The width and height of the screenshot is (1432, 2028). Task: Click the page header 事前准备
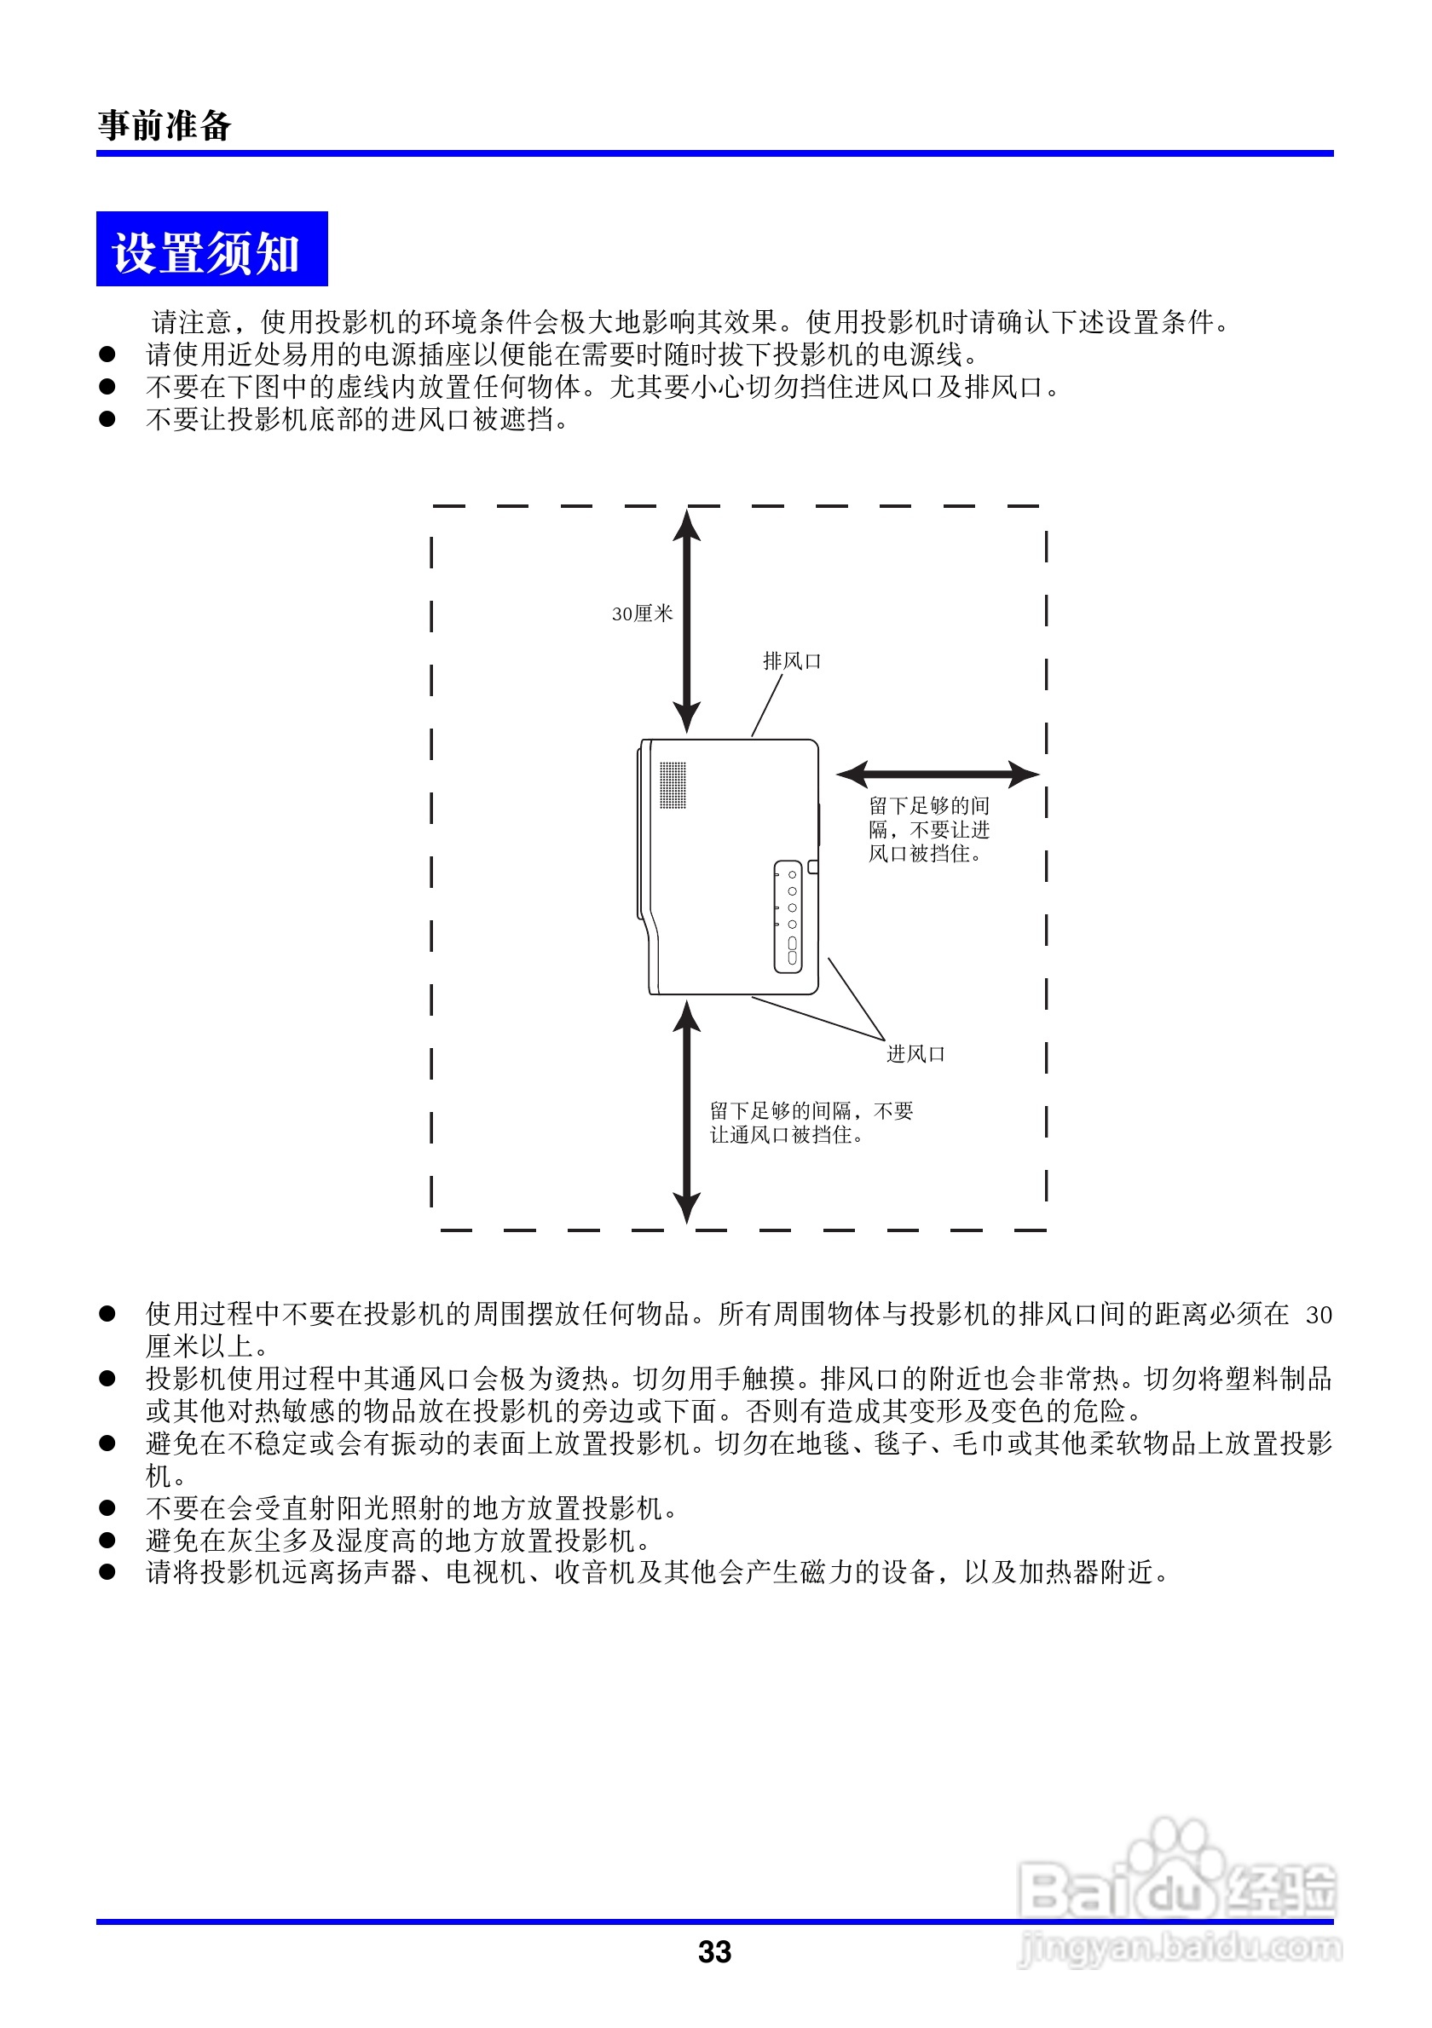[165, 125]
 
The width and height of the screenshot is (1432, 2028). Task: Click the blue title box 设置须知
[211, 250]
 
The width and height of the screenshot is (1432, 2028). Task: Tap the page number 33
[713, 1951]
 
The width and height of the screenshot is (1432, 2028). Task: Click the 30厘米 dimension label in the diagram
[642, 614]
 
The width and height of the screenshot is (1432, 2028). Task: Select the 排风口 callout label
[792, 660]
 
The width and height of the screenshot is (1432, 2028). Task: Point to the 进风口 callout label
[915, 1054]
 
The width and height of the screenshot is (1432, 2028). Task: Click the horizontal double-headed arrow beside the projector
[937, 775]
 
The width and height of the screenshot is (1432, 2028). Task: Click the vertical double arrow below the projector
[686, 1113]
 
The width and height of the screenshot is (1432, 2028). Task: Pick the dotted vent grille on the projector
[673, 786]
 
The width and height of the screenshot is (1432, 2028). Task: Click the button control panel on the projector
[788, 917]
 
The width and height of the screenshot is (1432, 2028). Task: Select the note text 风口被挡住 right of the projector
[924, 854]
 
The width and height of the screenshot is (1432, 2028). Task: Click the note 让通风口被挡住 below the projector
[786, 1135]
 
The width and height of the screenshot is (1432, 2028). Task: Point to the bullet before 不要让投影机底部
[107, 418]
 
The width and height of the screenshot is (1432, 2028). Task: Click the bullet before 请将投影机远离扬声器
[107, 1571]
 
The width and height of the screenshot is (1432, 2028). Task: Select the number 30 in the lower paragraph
[1318, 1315]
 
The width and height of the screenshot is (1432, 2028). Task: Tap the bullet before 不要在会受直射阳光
[107, 1507]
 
